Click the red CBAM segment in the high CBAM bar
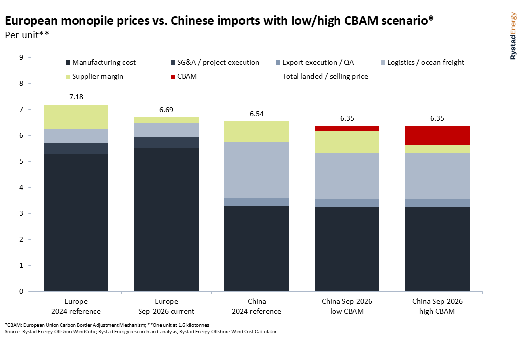[437, 136]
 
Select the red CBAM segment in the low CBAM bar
[347, 129]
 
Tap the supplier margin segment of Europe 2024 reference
[76, 117]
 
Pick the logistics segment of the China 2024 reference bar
[257, 170]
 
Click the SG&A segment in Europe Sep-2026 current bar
[166, 143]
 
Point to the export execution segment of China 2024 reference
[257, 202]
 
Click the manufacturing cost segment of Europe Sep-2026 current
[166, 220]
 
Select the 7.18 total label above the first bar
[76, 97]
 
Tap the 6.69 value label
[166, 110]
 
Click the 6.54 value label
[257, 114]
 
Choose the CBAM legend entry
[183, 76]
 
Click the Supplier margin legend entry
[94, 76]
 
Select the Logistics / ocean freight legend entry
[423, 62]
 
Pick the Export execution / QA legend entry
[314, 62]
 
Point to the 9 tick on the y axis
[21, 57]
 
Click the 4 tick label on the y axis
[21, 187]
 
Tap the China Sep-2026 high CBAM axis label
[437, 306]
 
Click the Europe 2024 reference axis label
[76, 306]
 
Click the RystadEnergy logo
[513, 36]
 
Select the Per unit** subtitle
[27, 35]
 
